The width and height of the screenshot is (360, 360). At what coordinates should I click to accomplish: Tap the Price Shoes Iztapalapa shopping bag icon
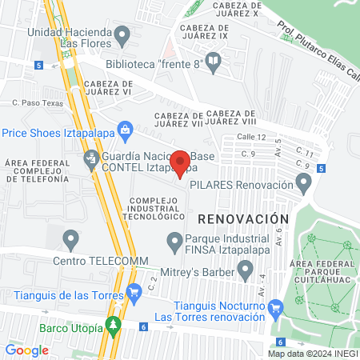125,129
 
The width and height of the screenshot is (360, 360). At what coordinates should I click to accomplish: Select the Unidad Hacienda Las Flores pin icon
122,34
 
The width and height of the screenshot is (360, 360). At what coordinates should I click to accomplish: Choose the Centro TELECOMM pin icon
71,238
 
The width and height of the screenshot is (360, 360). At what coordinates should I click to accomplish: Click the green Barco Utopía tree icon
114,327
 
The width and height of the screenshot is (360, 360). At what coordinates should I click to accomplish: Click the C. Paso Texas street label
38,102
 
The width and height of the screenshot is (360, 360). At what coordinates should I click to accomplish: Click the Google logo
26,350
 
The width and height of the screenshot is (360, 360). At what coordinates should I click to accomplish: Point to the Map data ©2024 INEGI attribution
312,354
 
